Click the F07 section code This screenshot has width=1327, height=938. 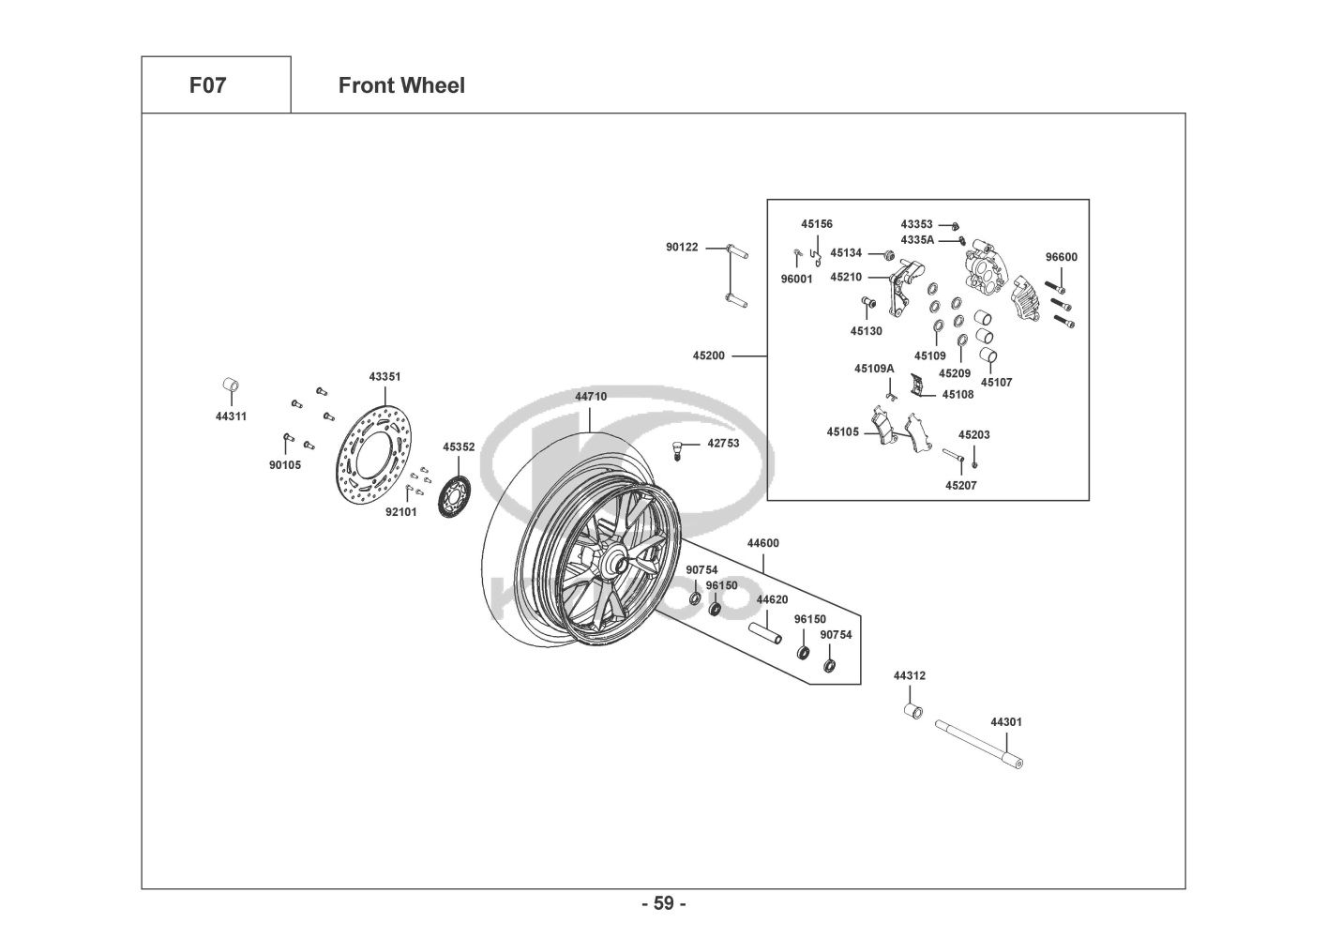coord(207,85)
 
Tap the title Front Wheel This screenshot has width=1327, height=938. coord(401,85)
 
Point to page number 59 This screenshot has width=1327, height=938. coord(663,903)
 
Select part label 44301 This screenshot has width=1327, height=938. coord(1006,722)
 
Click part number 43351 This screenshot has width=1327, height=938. coord(385,376)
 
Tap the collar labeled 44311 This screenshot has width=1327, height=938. coord(230,386)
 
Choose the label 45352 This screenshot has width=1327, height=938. coord(459,447)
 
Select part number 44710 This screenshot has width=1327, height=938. coord(591,397)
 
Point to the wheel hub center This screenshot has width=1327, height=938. coord(616,563)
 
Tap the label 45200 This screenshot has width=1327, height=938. coord(709,356)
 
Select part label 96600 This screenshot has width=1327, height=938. coord(1062,257)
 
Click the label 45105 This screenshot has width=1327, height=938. coord(842,431)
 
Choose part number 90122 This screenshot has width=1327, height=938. coord(682,247)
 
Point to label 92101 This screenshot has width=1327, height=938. coord(401,512)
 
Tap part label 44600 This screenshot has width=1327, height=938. coord(762,543)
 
